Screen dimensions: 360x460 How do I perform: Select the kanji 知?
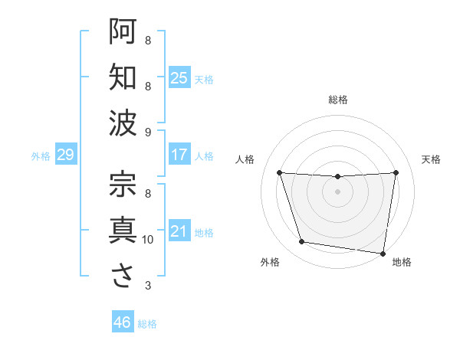pyautogui.click(x=122, y=77)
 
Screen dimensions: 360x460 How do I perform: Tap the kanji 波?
pyautogui.click(x=122, y=123)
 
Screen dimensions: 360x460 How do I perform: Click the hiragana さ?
pyautogui.click(x=122, y=277)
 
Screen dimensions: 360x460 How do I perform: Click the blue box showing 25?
pyautogui.click(x=179, y=77)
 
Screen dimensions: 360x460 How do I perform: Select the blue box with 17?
pyautogui.click(x=179, y=155)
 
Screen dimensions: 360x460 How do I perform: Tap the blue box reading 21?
pyautogui.click(x=179, y=231)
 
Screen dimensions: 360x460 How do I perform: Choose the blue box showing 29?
pyautogui.click(x=65, y=155)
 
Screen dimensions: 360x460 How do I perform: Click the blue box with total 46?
pyautogui.click(x=122, y=322)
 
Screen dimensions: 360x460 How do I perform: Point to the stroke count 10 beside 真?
pyautogui.click(x=148, y=240)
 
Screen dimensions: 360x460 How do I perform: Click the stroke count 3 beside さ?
pyautogui.click(x=148, y=286)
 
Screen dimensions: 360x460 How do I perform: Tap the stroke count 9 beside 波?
pyautogui.click(x=148, y=133)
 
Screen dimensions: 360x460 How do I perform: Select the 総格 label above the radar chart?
pyautogui.click(x=337, y=100)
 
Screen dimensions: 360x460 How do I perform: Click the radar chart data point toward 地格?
pyautogui.click(x=383, y=253)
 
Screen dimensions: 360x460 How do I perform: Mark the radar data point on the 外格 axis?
pyautogui.click(x=302, y=242)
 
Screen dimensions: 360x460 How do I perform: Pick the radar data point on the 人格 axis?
pyautogui.click(x=279, y=173)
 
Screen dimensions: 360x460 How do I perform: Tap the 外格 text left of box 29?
pyautogui.click(x=41, y=155)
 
